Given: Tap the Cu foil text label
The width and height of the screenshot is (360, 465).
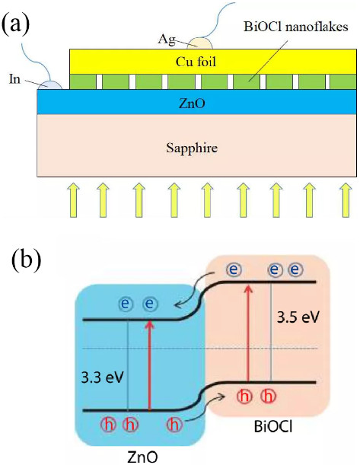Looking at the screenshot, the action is [196, 62].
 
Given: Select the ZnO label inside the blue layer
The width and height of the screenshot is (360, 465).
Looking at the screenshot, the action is [192, 104].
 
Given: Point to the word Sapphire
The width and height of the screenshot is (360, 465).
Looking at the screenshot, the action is [192, 148].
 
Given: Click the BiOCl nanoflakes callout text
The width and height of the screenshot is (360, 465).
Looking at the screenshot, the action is [295, 27].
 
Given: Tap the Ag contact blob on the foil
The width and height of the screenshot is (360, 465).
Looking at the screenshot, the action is [202, 43].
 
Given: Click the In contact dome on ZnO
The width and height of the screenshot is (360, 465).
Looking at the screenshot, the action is [50, 84].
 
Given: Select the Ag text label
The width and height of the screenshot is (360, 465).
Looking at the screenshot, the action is [167, 40].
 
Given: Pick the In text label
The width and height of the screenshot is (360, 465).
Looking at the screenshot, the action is [14, 79].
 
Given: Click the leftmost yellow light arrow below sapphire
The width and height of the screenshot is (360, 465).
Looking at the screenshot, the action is [72, 200].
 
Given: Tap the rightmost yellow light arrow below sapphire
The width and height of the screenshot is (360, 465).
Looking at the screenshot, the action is [346, 200].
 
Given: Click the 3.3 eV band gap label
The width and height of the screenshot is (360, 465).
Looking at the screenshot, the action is [102, 378].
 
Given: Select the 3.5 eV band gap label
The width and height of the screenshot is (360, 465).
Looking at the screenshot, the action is [298, 317].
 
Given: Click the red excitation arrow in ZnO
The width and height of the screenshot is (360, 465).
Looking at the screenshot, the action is [149, 365].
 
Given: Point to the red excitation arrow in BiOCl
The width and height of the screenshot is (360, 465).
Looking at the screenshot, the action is [249, 333].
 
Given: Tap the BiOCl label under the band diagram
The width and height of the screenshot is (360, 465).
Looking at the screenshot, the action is [273, 427].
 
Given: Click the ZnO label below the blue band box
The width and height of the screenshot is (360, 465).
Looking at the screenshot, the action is [142, 457].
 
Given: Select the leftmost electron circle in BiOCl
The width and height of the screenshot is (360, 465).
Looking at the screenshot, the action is [234, 269].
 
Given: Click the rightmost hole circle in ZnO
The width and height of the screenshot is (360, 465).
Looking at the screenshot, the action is [174, 424].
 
